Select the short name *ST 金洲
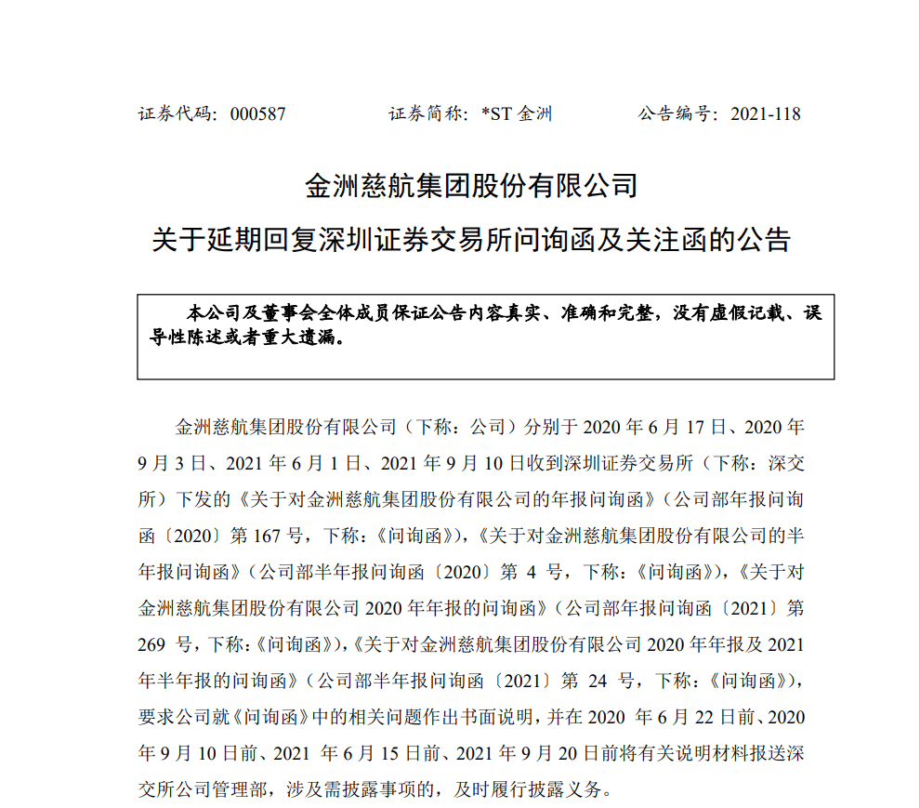(x=517, y=114)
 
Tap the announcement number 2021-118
(x=766, y=114)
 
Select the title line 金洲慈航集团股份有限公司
(x=472, y=186)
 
